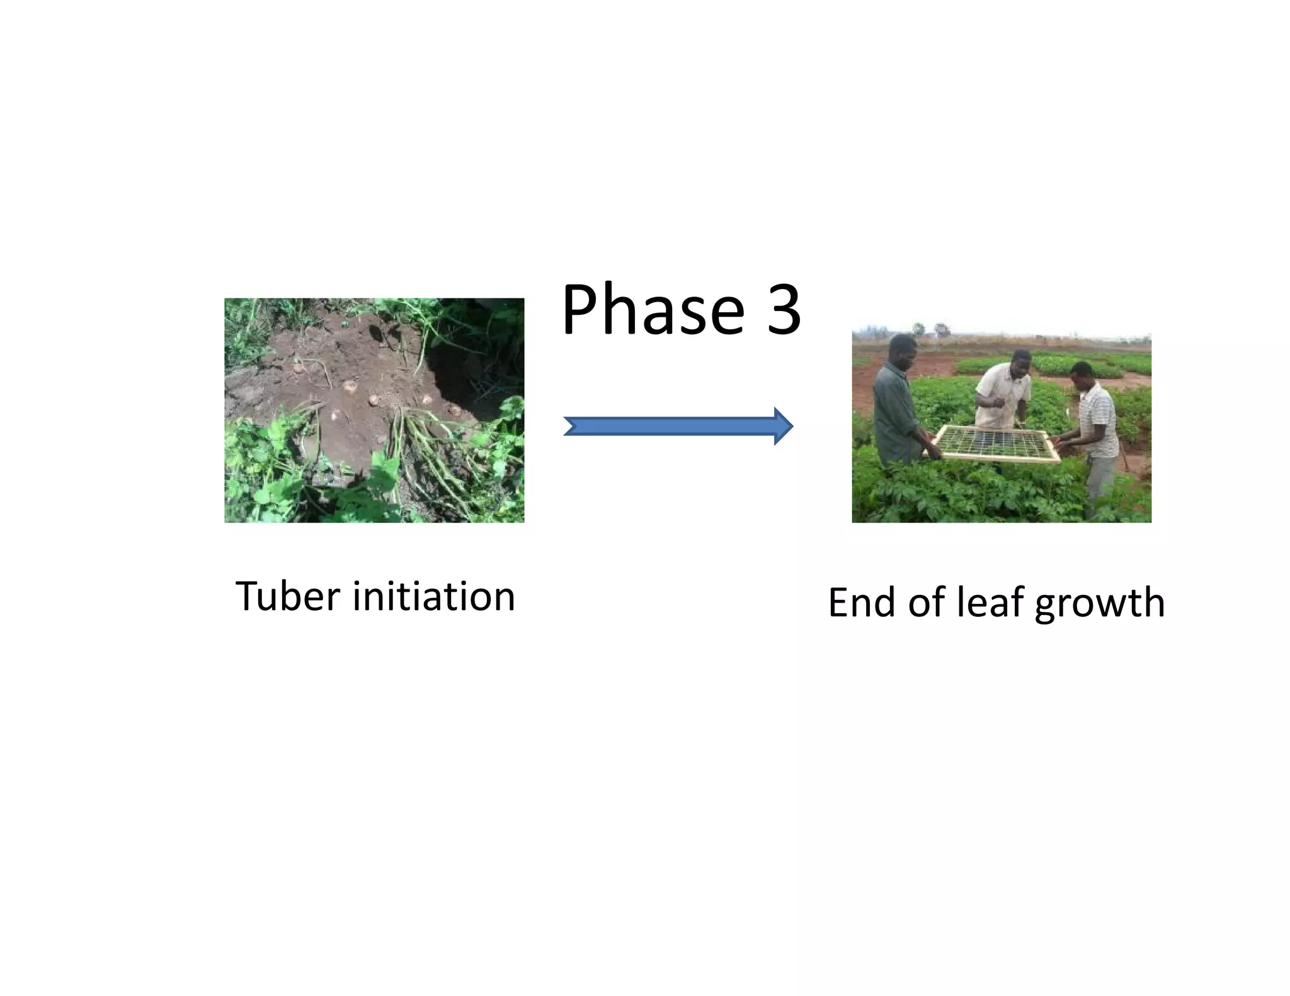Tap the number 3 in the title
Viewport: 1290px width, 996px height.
click(784, 310)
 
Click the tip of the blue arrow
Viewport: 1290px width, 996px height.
click(791, 426)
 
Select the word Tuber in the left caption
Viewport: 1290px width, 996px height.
click(287, 596)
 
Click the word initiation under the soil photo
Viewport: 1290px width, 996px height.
click(433, 596)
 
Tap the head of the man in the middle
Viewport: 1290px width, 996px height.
click(1015, 363)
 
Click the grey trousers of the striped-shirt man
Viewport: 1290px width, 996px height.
click(1099, 485)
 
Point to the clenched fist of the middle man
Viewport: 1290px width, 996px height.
click(993, 401)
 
